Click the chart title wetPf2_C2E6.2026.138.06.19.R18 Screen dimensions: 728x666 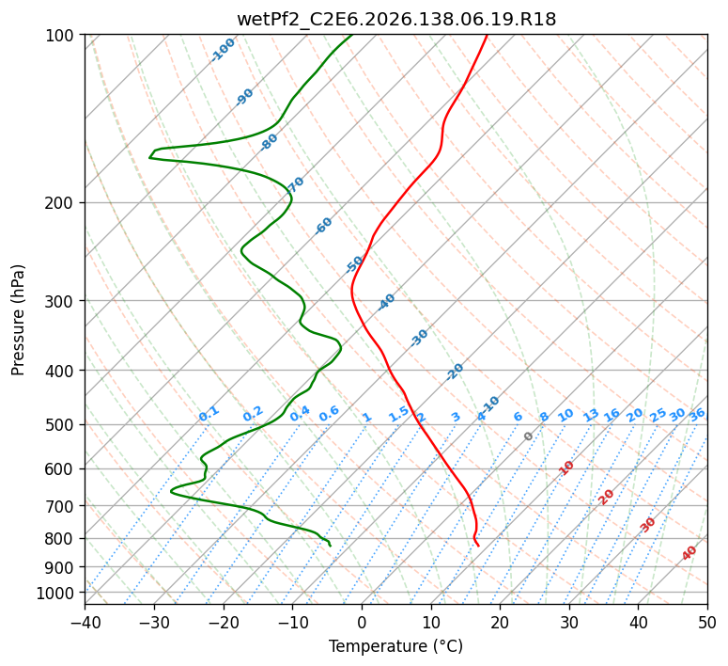pos(396,20)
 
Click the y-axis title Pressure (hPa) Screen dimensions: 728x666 pos(18,320)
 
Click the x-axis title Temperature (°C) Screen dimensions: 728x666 pos(396,646)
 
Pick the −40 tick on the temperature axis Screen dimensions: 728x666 pos(85,622)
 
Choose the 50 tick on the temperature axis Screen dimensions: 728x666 pos(707,622)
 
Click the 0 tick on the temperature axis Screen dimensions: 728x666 pos(363,622)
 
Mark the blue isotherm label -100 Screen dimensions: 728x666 pos(223,50)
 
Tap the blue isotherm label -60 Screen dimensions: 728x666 pos(323,226)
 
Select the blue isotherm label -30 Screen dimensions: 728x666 pos(419,338)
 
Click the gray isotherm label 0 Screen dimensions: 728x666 pos(528,436)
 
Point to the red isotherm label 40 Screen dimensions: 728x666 pos(689,553)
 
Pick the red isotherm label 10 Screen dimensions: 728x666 pos(566,468)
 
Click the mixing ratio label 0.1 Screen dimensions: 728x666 pos(209,414)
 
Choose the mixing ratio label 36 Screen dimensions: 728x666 pos(697,415)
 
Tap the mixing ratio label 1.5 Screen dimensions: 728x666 pos(398,414)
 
